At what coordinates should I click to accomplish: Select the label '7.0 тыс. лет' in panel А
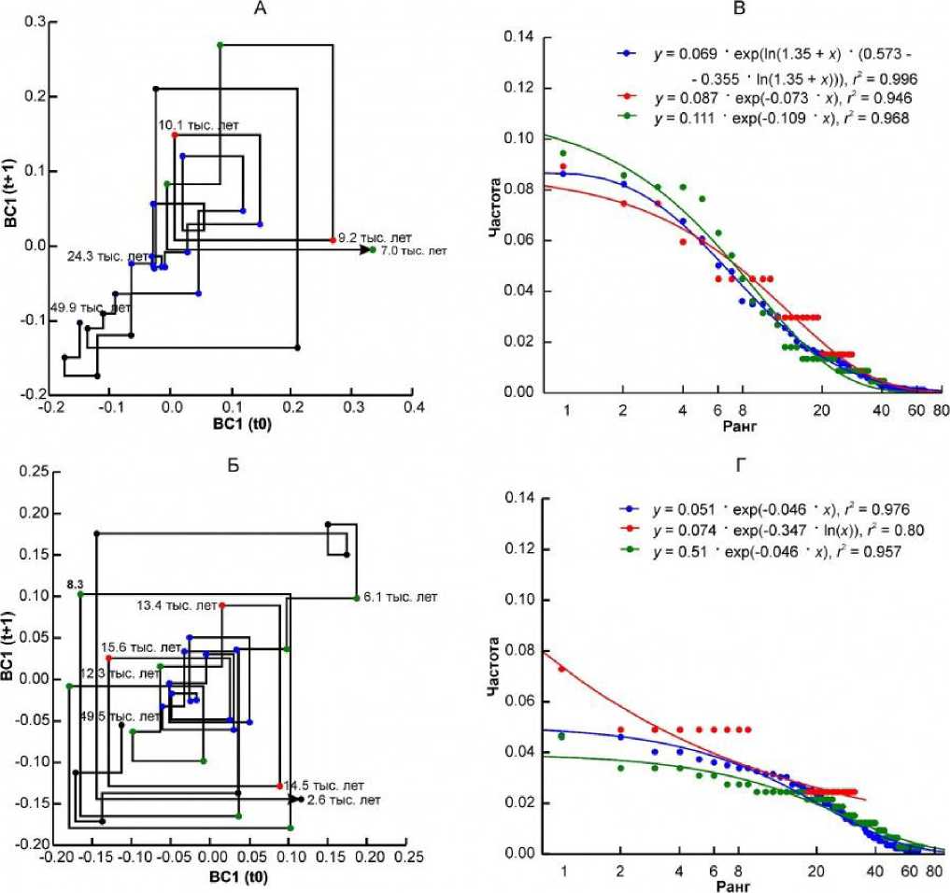coord(413,250)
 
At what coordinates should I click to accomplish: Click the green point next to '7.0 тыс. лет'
coord(373,250)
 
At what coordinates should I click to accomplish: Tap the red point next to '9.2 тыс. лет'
coord(333,240)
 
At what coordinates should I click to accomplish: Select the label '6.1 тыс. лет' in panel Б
coord(400,597)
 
